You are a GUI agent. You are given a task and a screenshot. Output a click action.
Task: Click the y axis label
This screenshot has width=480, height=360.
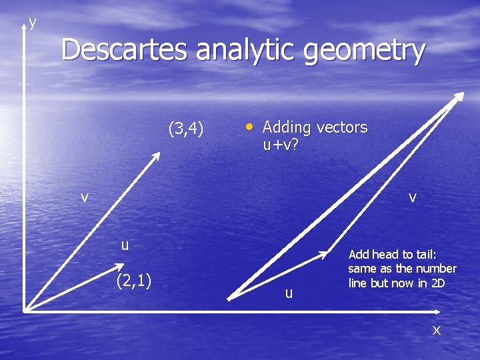[33, 23]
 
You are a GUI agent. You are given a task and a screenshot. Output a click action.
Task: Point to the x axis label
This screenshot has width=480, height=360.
[437, 329]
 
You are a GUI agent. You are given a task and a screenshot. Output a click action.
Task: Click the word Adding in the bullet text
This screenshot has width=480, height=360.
[286, 127]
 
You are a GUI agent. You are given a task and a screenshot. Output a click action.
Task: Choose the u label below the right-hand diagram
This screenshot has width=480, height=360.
[288, 293]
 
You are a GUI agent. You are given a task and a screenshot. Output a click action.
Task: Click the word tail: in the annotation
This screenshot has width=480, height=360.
[422, 254]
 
